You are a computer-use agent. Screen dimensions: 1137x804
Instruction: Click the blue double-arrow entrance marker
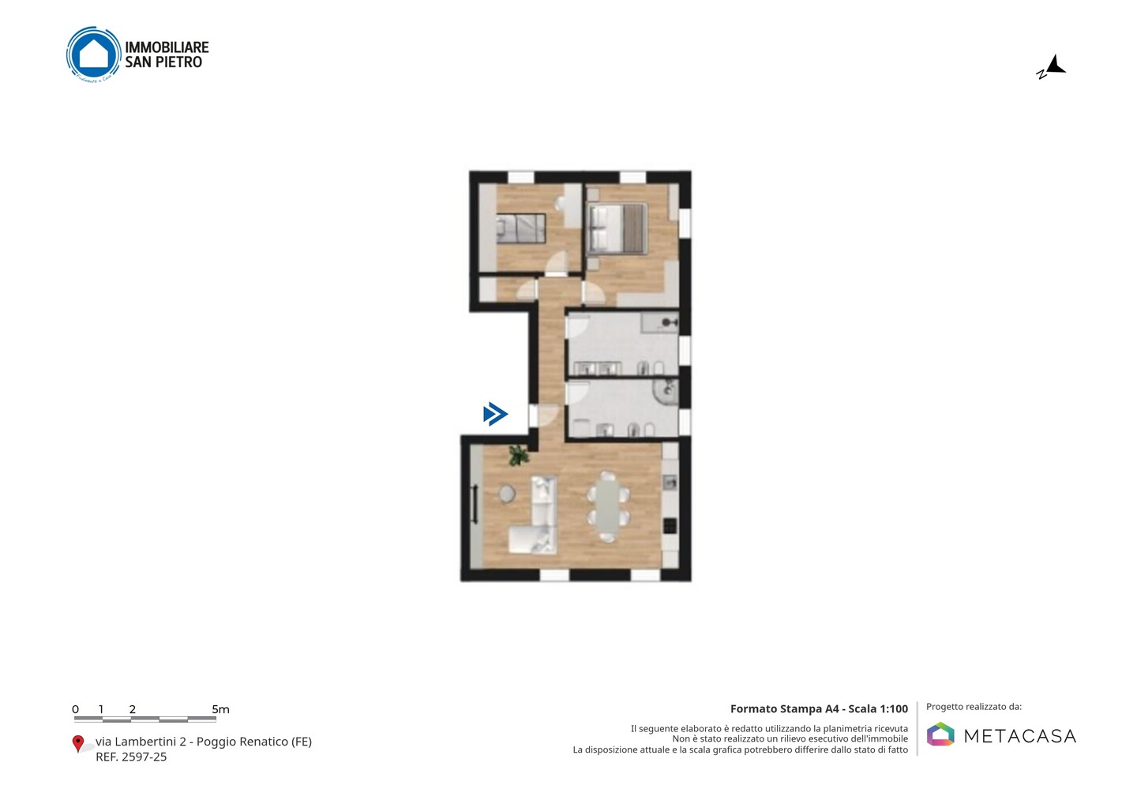point(495,414)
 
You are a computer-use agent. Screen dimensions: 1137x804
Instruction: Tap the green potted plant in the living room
point(519,455)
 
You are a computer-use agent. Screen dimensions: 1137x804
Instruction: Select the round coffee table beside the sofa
point(507,494)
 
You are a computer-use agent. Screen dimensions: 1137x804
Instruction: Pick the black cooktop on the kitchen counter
point(670,526)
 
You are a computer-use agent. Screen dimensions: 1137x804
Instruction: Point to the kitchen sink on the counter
point(670,482)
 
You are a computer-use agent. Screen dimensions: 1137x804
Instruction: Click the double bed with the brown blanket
point(617,228)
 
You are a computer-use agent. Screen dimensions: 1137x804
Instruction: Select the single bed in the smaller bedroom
point(521,228)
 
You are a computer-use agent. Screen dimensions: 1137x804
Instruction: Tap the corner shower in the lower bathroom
point(667,392)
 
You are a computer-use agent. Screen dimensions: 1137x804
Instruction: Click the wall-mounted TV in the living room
point(475,505)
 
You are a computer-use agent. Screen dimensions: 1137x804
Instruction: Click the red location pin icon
point(77,744)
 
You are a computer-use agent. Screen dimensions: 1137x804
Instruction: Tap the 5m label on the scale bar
point(221,709)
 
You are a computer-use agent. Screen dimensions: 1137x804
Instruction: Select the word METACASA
point(1020,736)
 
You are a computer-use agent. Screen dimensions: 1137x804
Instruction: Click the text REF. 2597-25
point(131,757)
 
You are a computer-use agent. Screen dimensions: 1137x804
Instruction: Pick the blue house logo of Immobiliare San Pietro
point(94,54)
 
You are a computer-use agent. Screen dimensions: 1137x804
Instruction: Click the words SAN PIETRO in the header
point(163,62)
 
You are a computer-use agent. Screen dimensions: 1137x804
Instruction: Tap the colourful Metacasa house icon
point(940,734)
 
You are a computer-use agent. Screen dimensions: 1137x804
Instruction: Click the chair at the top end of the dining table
point(608,476)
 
